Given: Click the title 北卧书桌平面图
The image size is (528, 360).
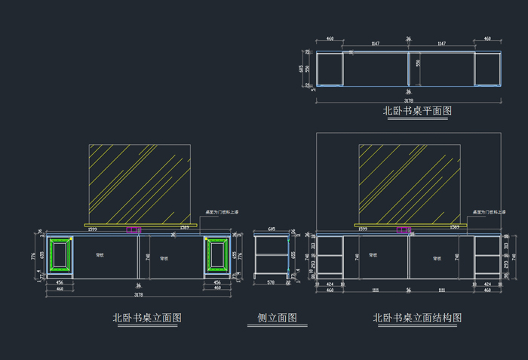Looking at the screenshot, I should tap(417, 111).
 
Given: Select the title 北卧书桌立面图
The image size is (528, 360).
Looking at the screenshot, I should tap(147, 318).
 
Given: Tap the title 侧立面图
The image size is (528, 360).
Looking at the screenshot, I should tap(272, 318).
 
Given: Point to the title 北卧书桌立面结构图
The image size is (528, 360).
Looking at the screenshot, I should tap(417, 318).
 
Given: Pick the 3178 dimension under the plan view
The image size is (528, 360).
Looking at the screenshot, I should tap(408, 100).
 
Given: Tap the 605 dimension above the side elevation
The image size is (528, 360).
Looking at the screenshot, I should tap(272, 228).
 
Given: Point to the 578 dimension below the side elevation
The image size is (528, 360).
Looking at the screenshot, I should tap(272, 283).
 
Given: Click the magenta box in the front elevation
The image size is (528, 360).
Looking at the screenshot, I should tap(134, 230).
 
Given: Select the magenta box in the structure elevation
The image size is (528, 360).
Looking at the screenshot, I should tap(404, 230).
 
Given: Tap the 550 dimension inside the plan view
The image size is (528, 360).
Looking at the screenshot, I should tap(418, 64).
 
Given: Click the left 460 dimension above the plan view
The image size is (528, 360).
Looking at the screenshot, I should tap(330, 38).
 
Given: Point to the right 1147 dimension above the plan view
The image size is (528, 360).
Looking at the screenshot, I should tap(442, 45).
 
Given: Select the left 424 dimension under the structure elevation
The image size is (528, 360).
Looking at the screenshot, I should tap(330, 284).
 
